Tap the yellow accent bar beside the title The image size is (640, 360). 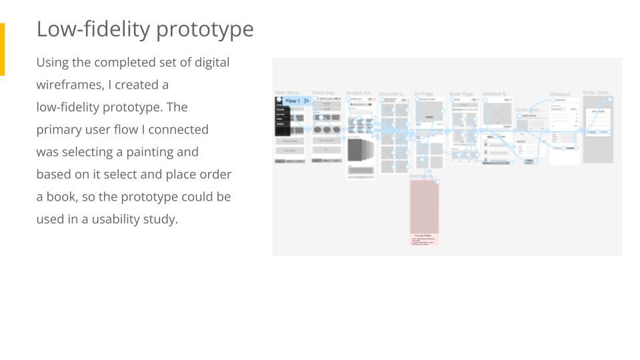click(x=2, y=49)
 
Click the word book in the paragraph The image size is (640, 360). click(x=62, y=197)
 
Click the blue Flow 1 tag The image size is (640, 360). click(x=294, y=101)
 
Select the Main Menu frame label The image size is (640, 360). click(x=287, y=93)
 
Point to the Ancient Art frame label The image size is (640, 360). click(x=358, y=93)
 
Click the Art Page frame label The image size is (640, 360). click(x=424, y=94)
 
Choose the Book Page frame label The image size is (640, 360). click(x=461, y=94)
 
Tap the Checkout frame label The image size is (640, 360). click(x=560, y=94)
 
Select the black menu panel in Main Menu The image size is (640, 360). click(x=283, y=119)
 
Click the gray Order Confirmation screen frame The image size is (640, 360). click(x=598, y=130)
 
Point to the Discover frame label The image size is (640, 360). click(x=393, y=94)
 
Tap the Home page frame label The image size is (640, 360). click(x=325, y=93)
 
